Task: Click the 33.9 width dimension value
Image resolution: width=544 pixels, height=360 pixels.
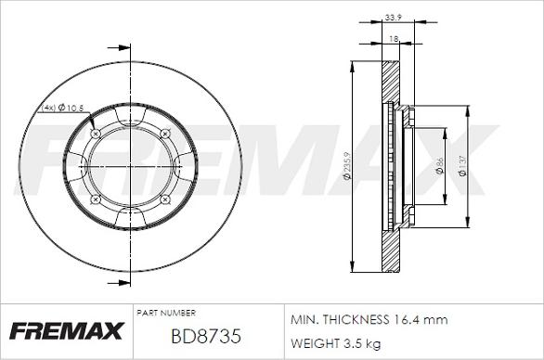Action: tap(393, 18)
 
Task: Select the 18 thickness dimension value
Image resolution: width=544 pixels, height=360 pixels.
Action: tap(394, 39)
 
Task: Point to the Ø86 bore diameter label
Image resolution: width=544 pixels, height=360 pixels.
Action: tap(439, 165)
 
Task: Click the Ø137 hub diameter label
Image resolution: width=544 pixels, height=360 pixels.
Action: tap(462, 166)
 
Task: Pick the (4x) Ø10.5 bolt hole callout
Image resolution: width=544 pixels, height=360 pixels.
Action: tap(63, 108)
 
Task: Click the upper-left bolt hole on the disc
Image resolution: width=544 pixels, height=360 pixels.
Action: tap(96, 134)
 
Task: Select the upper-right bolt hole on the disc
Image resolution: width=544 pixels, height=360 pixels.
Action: tap(165, 134)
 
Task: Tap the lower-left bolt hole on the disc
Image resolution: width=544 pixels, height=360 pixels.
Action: tap(96, 199)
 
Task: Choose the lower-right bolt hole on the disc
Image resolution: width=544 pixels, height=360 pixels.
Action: tap(165, 199)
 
